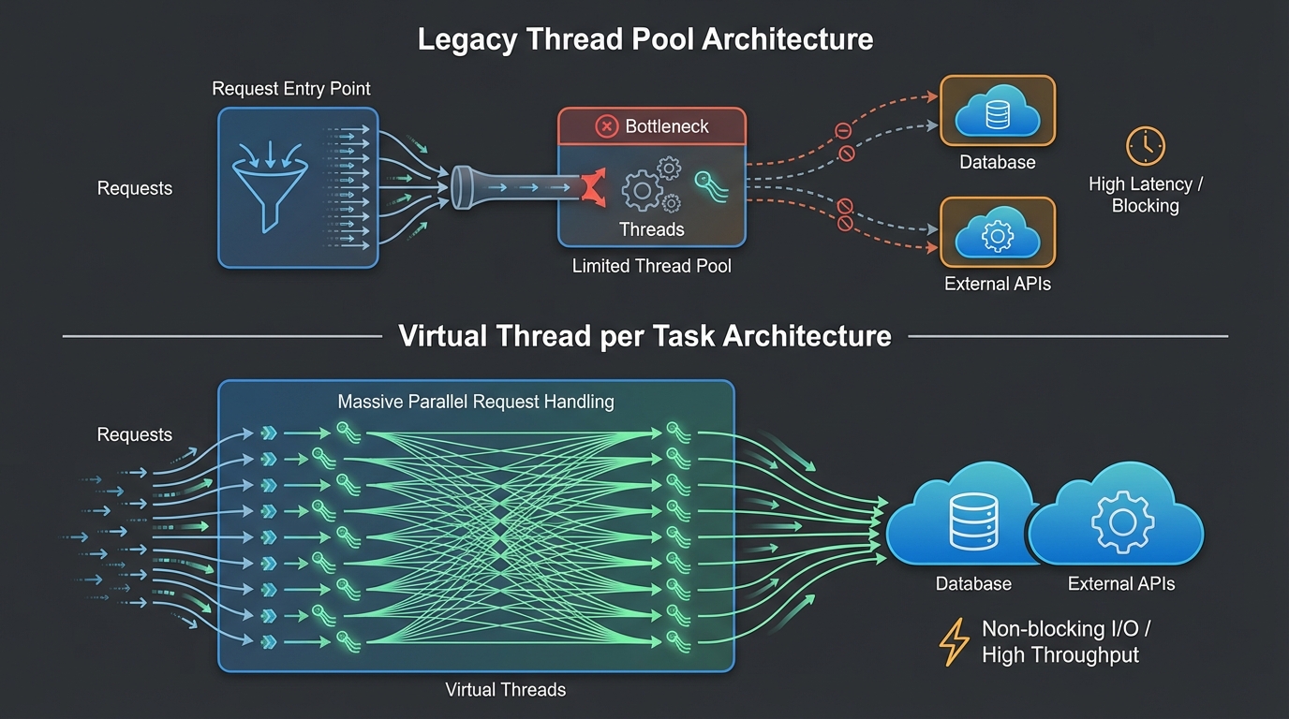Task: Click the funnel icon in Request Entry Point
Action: click(x=270, y=183)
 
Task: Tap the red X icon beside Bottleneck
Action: click(x=607, y=126)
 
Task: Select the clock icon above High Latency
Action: click(x=1145, y=147)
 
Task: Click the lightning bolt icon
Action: click(x=954, y=641)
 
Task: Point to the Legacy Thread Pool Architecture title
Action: click(x=644, y=40)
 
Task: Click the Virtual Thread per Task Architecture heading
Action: click(x=644, y=336)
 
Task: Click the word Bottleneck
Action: click(x=667, y=126)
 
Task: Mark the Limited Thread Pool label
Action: click(x=651, y=267)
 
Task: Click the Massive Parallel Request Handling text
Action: click(x=475, y=402)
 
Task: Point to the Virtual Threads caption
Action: click(x=505, y=690)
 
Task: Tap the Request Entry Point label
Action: click(x=291, y=89)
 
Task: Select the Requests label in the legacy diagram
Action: click(x=135, y=188)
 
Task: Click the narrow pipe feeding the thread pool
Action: click(x=515, y=187)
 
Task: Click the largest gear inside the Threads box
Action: click(x=642, y=191)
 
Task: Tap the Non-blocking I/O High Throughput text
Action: click(x=1059, y=641)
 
